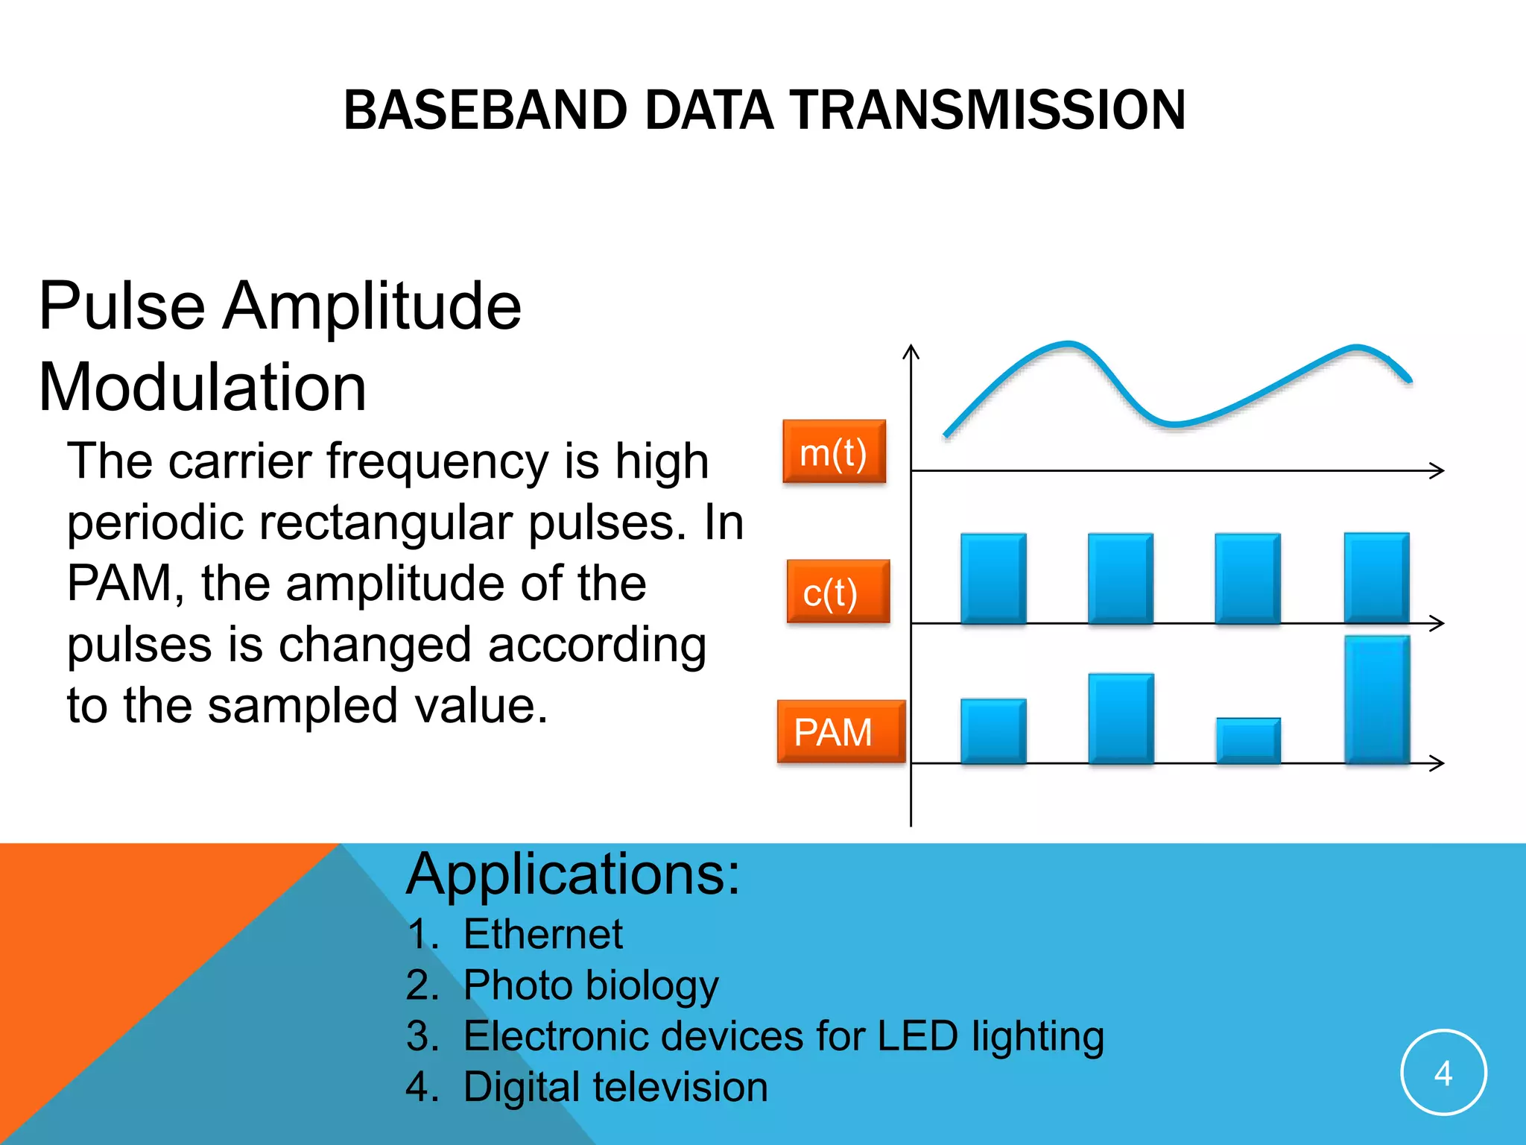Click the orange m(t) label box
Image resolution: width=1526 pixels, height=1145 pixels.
834,452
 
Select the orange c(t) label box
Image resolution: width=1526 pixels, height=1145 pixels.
838,592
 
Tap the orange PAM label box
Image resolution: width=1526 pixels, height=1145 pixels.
840,731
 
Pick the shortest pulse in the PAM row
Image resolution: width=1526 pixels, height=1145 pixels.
1248,740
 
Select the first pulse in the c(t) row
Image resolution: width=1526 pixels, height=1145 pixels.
993,578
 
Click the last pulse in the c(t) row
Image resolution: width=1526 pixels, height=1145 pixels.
1376,578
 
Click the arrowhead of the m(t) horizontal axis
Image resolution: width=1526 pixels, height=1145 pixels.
1438,470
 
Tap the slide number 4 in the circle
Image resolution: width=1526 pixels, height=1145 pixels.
1443,1073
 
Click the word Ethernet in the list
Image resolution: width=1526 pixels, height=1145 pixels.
542,934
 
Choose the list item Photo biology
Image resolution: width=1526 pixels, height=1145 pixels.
590,985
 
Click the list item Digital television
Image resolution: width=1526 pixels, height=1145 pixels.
615,1087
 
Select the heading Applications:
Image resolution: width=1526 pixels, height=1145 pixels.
573,874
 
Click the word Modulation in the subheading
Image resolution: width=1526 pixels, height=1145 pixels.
202,387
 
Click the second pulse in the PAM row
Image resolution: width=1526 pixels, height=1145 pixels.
1121,719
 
